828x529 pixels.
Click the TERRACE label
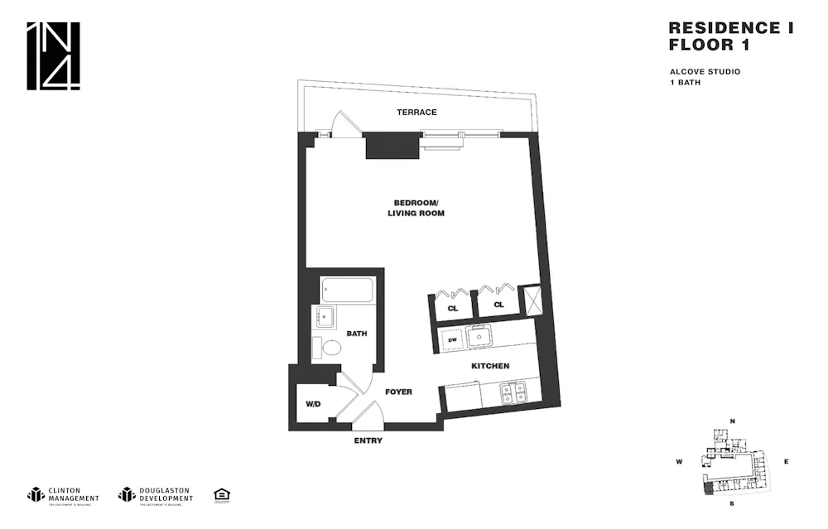(416, 113)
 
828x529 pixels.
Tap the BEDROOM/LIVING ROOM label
(416, 208)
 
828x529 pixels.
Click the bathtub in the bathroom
(348, 291)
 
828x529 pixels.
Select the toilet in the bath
(330, 347)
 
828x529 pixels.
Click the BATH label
(357, 334)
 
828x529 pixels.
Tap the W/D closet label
(313, 405)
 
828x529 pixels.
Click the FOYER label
(398, 392)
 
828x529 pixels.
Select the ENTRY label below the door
(368, 440)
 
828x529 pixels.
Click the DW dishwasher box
(452, 339)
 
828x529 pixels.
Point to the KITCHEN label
(490, 366)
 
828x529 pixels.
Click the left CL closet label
(452, 307)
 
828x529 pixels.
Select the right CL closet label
(498, 305)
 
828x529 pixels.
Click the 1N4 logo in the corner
(53, 56)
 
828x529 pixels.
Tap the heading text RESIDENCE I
(730, 28)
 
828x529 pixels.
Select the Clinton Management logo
(63, 494)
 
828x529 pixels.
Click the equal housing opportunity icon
(221, 494)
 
